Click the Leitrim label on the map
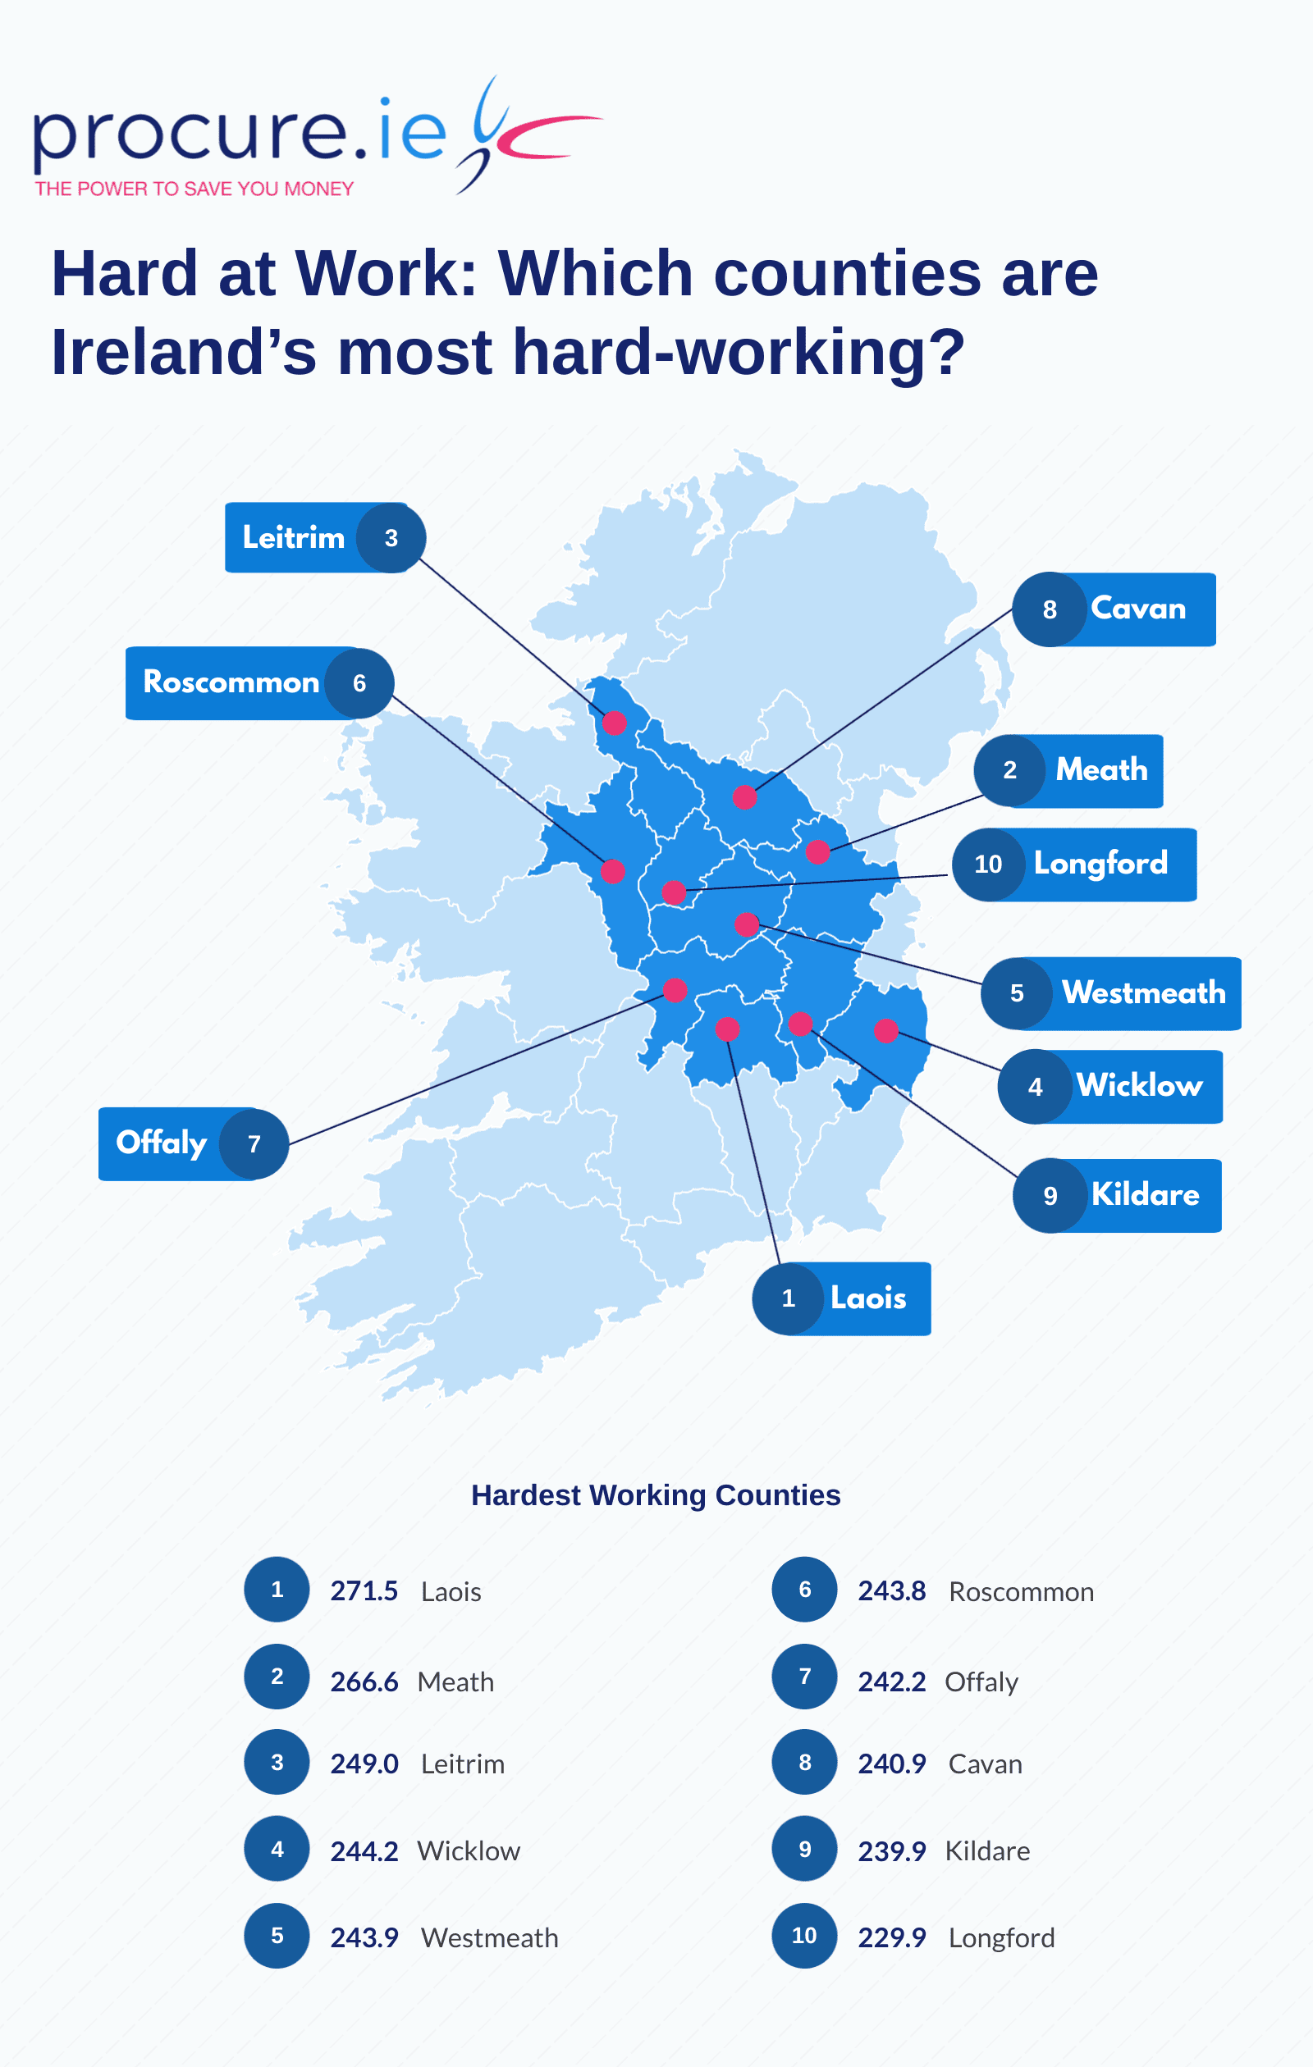coord(293,537)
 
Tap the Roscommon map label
coord(230,682)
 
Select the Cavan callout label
coord(1138,609)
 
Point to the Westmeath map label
coord(1143,993)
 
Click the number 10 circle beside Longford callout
coord(988,864)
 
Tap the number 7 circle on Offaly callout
coord(254,1143)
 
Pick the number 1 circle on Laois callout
coord(789,1298)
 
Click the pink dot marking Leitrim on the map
coord(614,723)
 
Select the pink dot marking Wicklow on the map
coord(886,1030)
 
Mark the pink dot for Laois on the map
coord(727,1029)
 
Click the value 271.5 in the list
coord(364,1590)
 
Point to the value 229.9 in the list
coord(891,1937)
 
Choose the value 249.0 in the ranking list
coord(364,1764)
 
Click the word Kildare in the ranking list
coord(986,1850)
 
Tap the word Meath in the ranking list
coord(455,1681)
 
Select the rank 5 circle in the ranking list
coord(277,1936)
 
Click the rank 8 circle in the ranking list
coord(805,1762)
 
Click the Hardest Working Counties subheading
coord(655,1495)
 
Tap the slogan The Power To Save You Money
coord(194,189)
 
